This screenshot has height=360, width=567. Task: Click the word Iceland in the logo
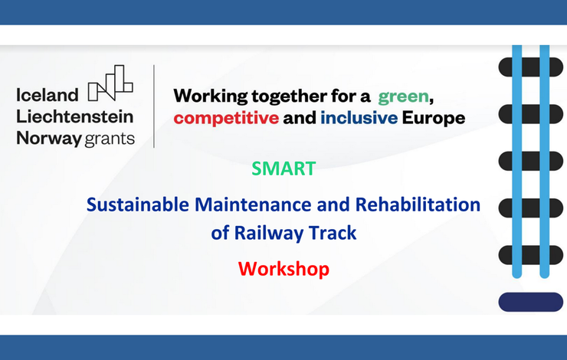(47, 95)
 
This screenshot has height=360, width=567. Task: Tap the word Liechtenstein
(75, 116)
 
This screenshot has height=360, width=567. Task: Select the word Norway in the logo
(49, 139)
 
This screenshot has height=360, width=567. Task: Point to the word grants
(110, 139)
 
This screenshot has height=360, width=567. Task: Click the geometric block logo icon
(110, 83)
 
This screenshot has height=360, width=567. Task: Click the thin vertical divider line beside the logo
(154, 106)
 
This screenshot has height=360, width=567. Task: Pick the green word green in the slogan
(404, 97)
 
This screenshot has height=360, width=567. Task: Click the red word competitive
(226, 118)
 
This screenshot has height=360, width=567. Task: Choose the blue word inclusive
(359, 118)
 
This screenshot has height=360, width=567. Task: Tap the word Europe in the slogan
(434, 118)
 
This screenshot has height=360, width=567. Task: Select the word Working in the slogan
(211, 97)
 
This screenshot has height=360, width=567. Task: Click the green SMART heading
(283, 169)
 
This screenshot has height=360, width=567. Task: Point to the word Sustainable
(138, 205)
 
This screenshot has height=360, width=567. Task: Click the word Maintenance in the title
(253, 205)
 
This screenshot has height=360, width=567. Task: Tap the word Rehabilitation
(418, 205)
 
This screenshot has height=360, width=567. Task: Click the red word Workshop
(283, 270)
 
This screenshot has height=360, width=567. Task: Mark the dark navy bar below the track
(530, 302)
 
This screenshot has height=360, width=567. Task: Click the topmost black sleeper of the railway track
(530, 67)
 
